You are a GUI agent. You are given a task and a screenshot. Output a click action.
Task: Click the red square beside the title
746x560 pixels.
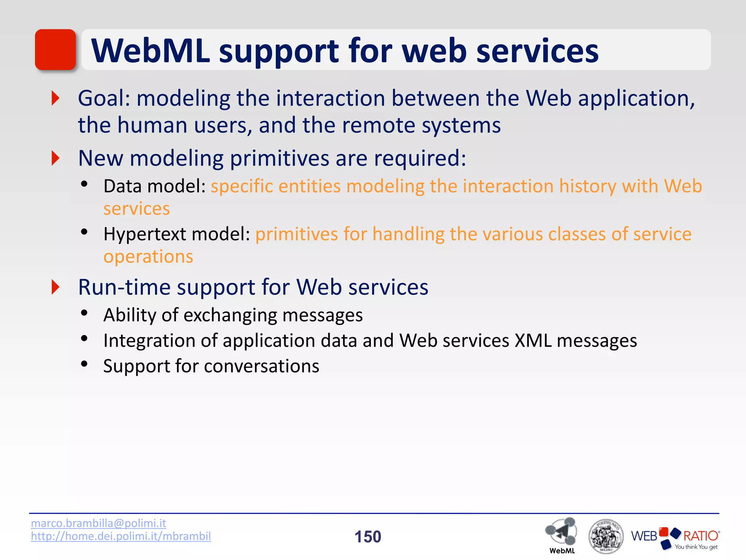click(x=55, y=50)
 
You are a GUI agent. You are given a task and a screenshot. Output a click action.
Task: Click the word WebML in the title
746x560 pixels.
click(x=150, y=51)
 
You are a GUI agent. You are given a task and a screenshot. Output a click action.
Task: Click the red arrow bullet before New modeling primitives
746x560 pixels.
click(x=55, y=158)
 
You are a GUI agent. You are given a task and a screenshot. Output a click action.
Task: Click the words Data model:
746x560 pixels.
click(x=155, y=186)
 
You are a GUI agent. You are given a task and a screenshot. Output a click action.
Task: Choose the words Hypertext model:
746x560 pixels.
click(x=177, y=234)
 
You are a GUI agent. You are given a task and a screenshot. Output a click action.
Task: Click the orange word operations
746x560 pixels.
click(x=148, y=257)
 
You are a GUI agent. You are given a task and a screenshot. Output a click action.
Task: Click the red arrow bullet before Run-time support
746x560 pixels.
click(x=55, y=287)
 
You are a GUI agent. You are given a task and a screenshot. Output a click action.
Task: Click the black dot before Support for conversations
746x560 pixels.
click(x=85, y=364)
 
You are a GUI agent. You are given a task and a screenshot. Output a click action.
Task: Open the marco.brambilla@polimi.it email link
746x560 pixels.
click(x=98, y=523)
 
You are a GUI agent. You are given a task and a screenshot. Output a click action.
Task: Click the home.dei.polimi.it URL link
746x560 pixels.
click(x=121, y=536)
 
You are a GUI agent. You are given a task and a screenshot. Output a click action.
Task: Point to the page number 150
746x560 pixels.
click(x=368, y=537)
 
